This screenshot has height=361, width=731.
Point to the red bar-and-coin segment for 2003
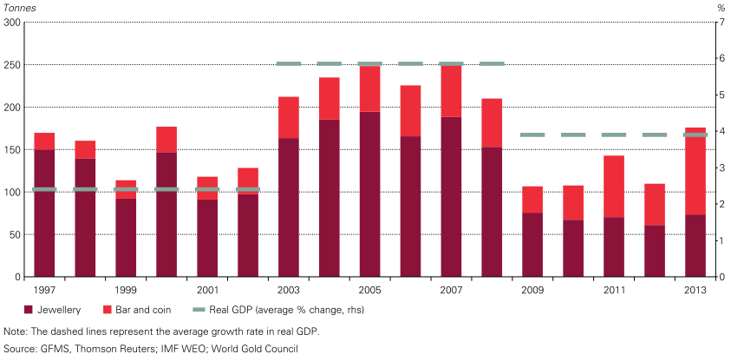click(x=289, y=117)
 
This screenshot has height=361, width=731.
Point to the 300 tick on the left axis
click(x=12, y=23)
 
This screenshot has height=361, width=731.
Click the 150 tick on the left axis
click(x=12, y=149)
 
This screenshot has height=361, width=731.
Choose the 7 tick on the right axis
click(x=720, y=23)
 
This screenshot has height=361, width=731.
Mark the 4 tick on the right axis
click(x=720, y=131)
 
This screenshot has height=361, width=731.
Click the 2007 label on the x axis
click(x=451, y=290)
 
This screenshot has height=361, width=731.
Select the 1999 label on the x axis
click(x=126, y=290)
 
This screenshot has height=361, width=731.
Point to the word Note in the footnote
click(x=16, y=331)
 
